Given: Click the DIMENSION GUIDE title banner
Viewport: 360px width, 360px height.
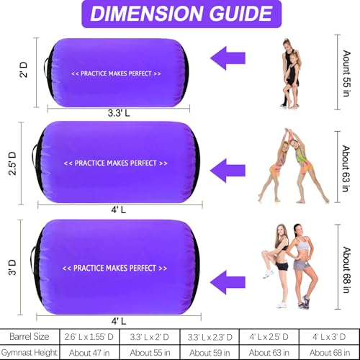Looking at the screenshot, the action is coord(181,14).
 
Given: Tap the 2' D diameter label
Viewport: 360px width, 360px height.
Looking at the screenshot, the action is coord(24,70).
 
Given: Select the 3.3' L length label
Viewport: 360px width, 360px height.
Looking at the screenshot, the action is coord(119,113).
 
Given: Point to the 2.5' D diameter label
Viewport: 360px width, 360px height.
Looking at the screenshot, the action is coord(12,163).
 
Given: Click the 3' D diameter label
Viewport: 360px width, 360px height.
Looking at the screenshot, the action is coord(12,267).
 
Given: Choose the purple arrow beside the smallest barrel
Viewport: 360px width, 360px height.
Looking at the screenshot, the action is coord(228,58).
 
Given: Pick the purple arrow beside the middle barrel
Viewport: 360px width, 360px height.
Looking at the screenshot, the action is coord(228,171).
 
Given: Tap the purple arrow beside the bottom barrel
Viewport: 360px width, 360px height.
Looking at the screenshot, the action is coord(228,282).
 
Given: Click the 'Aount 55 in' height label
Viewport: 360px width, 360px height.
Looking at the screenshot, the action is coord(346,73).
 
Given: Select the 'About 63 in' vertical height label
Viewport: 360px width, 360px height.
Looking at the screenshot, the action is coord(346,168).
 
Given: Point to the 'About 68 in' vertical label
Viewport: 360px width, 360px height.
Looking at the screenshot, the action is coord(346,270).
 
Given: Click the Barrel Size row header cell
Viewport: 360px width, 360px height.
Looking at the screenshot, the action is coord(30,336).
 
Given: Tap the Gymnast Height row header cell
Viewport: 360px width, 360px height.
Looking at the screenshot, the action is coord(30,352).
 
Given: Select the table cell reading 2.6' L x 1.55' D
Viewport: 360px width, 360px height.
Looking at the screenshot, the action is coord(89,336).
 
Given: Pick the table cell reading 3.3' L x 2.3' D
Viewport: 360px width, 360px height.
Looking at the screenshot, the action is coord(210,336).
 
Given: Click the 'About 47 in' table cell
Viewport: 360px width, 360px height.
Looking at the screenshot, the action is coord(89,352).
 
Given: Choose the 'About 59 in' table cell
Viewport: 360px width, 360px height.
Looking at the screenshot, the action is coord(210,352).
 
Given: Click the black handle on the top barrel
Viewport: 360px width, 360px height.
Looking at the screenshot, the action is coord(45,68).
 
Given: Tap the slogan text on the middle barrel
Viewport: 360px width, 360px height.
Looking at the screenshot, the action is coord(116,163).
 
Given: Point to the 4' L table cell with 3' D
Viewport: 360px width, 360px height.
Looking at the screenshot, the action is coord(329,336).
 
